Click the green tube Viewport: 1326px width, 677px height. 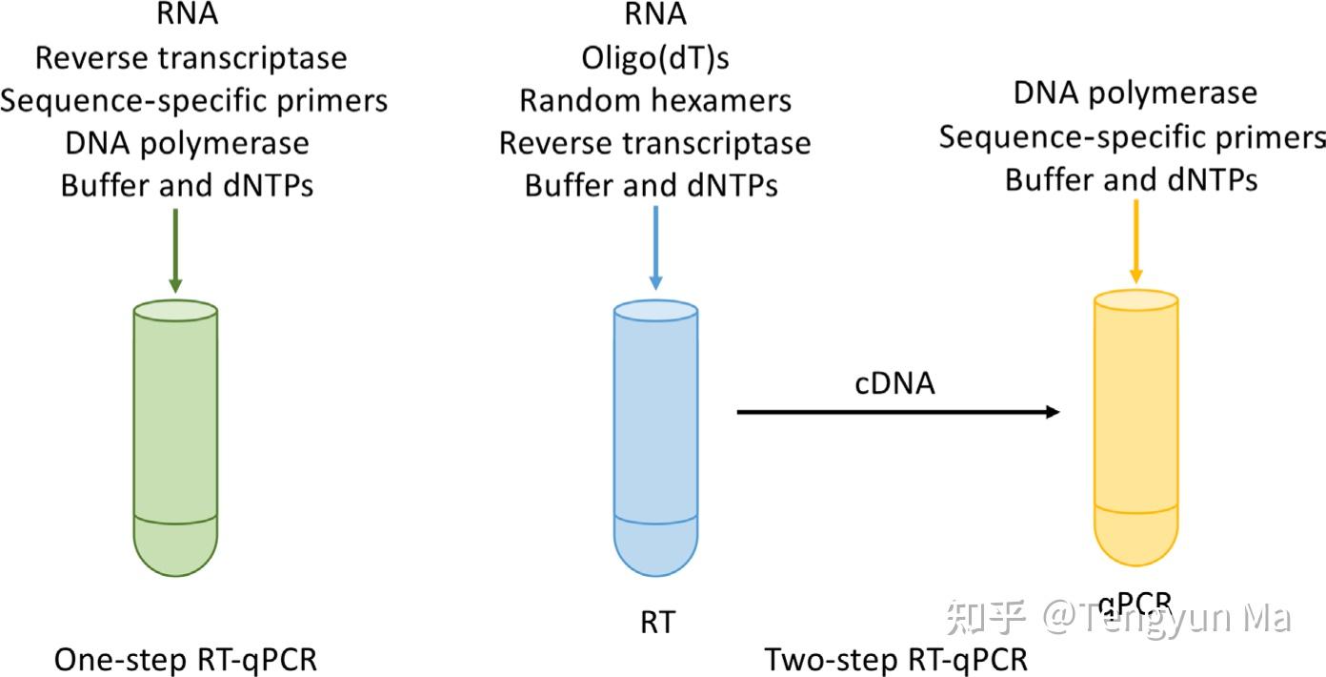[x=176, y=439]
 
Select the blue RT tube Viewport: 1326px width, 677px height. [x=656, y=439]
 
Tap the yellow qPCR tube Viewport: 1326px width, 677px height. [x=1136, y=429]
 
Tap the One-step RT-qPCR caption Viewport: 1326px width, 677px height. [x=186, y=660]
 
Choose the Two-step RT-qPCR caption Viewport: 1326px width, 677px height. [x=896, y=660]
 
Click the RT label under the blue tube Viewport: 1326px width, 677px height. [x=656, y=623]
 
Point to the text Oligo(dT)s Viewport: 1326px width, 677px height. [x=655, y=58]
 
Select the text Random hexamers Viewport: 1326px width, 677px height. [x=655, y=100]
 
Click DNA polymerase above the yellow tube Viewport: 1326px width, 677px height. [x=1135, y=93]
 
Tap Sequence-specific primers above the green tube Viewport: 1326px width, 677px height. [x=193, y=100]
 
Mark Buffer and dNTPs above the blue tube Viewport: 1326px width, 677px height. [x=652, y=185]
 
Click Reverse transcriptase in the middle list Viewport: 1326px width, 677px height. [x=655, y=143]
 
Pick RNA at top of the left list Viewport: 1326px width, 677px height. [x=188, y=15]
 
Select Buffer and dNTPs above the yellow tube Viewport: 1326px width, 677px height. [x=1132, y=179]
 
